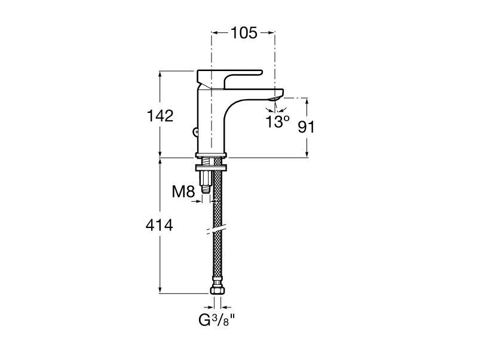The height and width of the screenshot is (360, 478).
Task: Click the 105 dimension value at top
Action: [x=244, y=33]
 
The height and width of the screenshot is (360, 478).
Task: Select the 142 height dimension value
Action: [x=160, y=116]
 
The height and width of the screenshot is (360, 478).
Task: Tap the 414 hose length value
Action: [x=160, y=226]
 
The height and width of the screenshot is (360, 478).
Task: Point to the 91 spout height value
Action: [x=306, y=127]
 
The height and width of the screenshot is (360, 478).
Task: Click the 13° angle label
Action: [x=277, y=122]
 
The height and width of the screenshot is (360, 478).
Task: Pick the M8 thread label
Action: [x=183, y=192]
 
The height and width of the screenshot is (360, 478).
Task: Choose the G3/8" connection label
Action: [x=217, y=320]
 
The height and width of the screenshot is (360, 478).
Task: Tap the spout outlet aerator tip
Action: [x=275, y=99]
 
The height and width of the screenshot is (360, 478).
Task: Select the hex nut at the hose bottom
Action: [x=217, y=290]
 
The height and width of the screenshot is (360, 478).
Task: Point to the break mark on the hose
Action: [x=217, y=230]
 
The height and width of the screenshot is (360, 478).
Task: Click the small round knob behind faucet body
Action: [x=195, y=132]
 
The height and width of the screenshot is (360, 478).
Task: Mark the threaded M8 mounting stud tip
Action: [x=206, y=189]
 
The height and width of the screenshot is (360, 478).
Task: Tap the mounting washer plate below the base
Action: [x=212, y=168]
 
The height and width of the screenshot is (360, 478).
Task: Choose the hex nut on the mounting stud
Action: [x=206, y=177]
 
